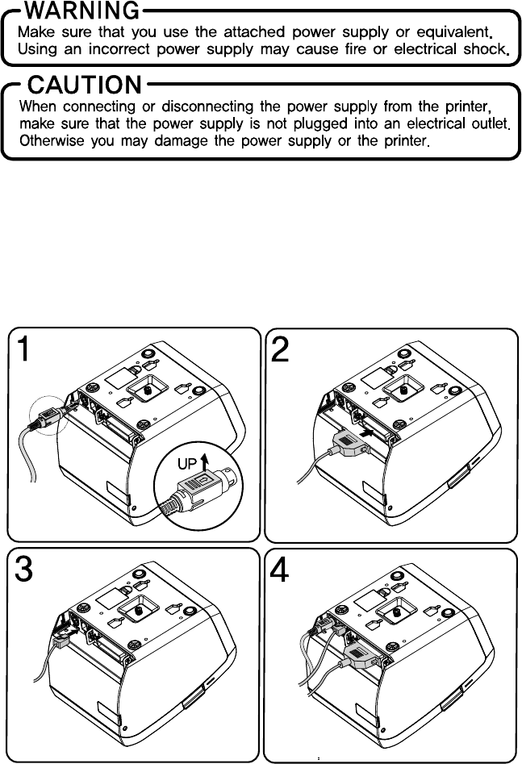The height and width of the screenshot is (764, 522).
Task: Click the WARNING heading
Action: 83,12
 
